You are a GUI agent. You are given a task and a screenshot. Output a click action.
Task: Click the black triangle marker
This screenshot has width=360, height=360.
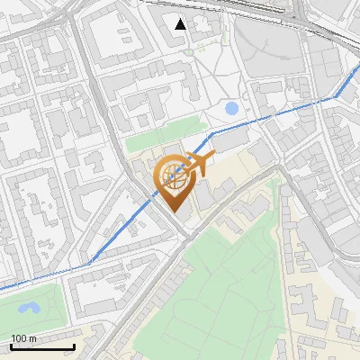(181, 24)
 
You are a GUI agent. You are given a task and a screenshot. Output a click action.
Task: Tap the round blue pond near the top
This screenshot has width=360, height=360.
(232, 108)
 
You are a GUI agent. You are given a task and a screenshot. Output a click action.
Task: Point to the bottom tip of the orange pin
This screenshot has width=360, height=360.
(175, 213)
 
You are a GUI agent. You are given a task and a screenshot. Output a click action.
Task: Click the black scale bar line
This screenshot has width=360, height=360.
(42, 347)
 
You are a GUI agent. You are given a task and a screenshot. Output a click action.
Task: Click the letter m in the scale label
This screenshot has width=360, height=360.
(33, 338)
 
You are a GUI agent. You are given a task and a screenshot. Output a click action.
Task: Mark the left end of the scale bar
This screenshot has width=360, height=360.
(11, 347)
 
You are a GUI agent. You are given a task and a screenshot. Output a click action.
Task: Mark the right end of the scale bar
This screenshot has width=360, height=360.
(74, 347)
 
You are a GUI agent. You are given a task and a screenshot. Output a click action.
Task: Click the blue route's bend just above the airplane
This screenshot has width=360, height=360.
(212, 133)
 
